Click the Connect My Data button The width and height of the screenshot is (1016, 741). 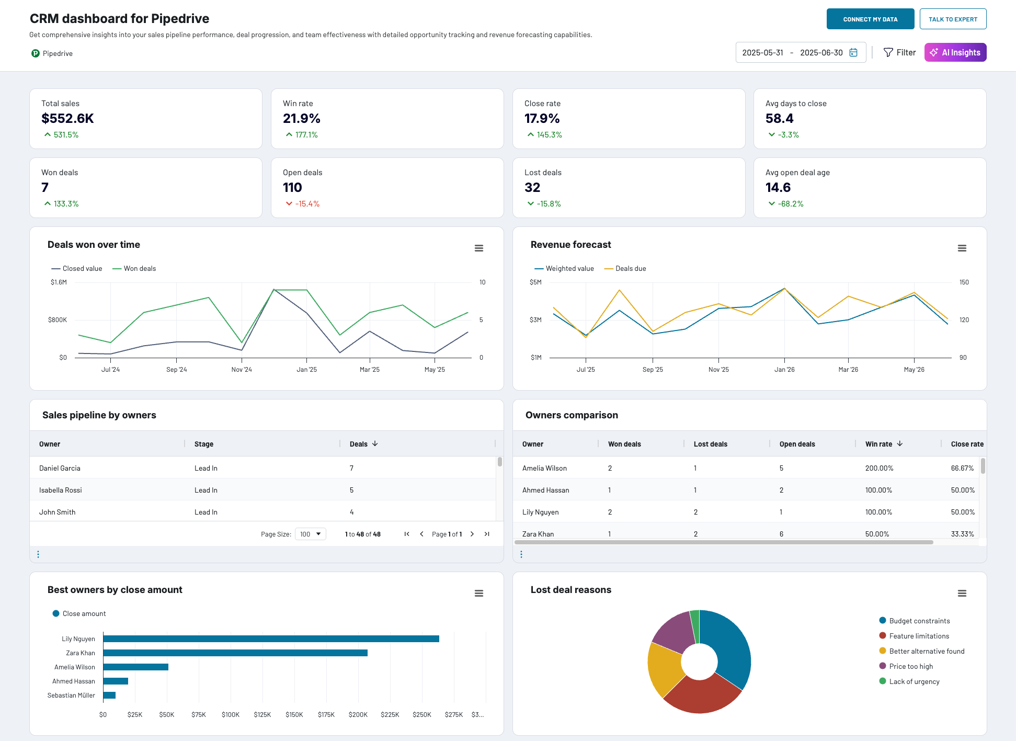click(870, 19)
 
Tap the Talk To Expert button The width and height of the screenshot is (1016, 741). click(953, 19)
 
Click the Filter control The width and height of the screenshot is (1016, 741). click(899, 52)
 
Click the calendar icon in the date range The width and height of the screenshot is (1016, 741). click(853, 52)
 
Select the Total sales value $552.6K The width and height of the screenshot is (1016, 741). click(67, 119)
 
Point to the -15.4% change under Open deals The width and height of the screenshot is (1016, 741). click(307, 204)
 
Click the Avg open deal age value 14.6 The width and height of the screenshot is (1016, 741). click(778, 188)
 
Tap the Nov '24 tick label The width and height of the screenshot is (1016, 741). click(242, 370)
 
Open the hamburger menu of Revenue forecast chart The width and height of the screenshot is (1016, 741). click(962, 248)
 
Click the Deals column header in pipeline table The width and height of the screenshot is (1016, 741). click(359, 444)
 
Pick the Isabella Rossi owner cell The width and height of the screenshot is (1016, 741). click(61, 491)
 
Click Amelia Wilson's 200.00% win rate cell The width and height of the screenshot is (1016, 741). click(879, 469)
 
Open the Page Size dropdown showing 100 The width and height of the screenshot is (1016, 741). click(310, 534)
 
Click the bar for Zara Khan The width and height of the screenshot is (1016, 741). click(235, 653)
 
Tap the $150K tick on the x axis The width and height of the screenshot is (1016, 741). click(294, 715)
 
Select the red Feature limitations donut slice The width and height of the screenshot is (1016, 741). click(701, 696)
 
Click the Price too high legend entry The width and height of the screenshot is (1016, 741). click(910, 667)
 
